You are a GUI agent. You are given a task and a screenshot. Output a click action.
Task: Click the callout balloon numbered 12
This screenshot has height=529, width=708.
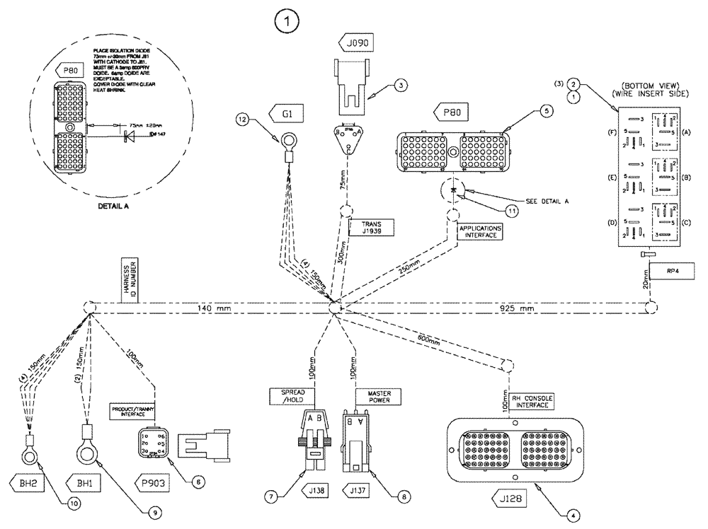tap(244, 120)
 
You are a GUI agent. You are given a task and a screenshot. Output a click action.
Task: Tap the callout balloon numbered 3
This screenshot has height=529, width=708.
tap(401, 86)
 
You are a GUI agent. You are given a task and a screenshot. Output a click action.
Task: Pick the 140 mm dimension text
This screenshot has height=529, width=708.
tap(212, 309)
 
